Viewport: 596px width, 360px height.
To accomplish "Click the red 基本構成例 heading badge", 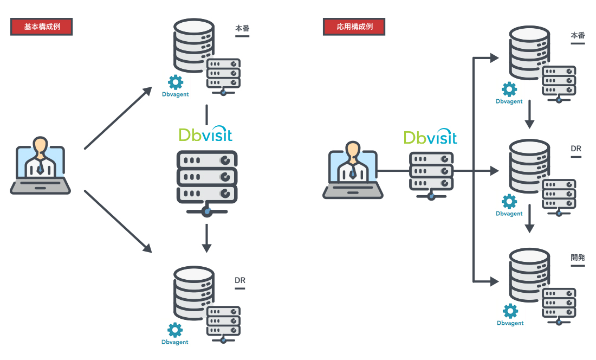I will point(42,27).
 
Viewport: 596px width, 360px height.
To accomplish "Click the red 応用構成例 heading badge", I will point(354,27).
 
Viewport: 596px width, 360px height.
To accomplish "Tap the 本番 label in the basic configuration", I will point(242,29).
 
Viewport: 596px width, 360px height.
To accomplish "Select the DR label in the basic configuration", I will point(240,281).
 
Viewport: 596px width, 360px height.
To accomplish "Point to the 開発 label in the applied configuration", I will point(578,258).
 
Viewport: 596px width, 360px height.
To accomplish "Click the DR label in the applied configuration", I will point(575,148).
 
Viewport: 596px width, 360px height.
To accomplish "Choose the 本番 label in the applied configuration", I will point(578,36).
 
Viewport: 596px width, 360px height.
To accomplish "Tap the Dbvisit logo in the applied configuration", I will point(430,137).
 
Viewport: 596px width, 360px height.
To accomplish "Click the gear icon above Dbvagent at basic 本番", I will point(176,82).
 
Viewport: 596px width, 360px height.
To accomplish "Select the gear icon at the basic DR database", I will point(174,330).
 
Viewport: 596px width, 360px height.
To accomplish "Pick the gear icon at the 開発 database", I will point(510,311).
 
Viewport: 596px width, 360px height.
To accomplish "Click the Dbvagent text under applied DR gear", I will point(509,214).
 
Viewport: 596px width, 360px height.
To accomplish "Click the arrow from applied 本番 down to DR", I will point(530,117).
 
